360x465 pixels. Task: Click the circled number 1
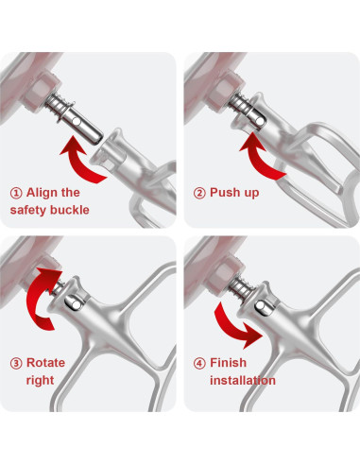16,192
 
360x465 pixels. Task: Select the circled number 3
16,362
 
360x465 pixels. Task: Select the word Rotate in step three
47,362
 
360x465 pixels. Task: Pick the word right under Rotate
40,380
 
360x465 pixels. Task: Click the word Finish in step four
229,362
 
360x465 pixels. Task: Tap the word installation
243,380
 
